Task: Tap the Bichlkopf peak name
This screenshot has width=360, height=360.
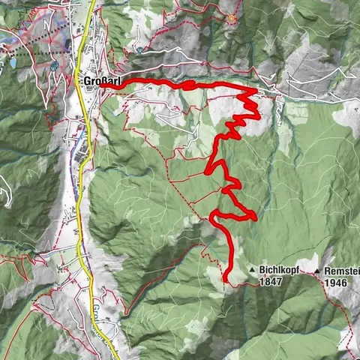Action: [280, 269]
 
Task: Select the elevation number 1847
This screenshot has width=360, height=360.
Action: [272, 282]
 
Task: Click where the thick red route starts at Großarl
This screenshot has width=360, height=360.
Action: [100, 87]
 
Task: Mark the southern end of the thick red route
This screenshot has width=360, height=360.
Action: [226, 280]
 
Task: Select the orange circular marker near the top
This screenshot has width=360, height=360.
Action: [232, 18]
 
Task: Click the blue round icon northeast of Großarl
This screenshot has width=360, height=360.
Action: [139, 49]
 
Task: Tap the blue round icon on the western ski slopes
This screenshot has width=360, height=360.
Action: [55, 67]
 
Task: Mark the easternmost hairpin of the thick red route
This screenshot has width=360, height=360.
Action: [256, 217]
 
